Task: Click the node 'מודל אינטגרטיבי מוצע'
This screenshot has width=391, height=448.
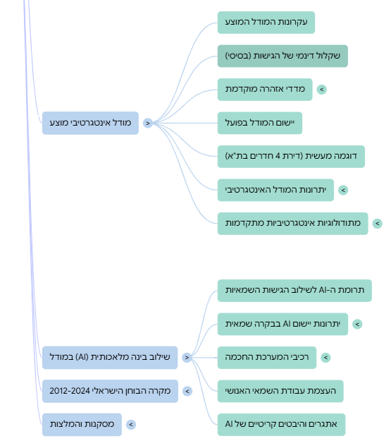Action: [x=90, y=123]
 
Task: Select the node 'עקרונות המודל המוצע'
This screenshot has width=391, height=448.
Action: [x=266, y=23]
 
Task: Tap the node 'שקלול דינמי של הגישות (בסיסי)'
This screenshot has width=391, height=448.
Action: [x=283, y=56]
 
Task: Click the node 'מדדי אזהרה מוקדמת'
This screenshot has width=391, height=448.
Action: [x=265, y=90]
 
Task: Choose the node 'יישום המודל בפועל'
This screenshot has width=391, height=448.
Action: [x=260, y=123]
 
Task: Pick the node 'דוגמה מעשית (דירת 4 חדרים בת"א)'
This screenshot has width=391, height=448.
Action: [x=292, y=157]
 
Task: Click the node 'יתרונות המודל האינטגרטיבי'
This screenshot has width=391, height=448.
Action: [x=275, y=190]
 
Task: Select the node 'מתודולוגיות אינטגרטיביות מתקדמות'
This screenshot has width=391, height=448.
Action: [x=293, y=224]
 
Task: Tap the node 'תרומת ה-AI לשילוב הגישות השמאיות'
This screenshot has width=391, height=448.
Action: [x=294, y=291]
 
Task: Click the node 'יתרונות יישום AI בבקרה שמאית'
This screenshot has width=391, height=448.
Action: [x=283, y=324]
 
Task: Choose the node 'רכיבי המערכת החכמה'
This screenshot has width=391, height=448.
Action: [x=267, y=358]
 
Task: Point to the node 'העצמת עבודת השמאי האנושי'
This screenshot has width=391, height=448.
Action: [x=280, y=391]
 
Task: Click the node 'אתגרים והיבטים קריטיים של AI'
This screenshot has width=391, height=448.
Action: [x=281, y=425]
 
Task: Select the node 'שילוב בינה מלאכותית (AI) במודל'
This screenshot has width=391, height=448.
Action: [x=110, y=358]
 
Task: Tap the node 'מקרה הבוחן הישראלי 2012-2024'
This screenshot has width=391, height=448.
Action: [x=110, y=391]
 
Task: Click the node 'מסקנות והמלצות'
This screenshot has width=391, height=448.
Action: [x=82, y=425]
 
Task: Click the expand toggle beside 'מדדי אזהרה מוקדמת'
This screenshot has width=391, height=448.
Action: [x=322, y=90]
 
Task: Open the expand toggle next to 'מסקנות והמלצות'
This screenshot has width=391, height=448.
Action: [x=131, y=425]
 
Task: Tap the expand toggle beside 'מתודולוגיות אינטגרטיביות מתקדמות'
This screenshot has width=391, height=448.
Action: [x=378, y=224]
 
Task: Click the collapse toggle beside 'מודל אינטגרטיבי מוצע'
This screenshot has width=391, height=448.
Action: [x=148, y=123]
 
